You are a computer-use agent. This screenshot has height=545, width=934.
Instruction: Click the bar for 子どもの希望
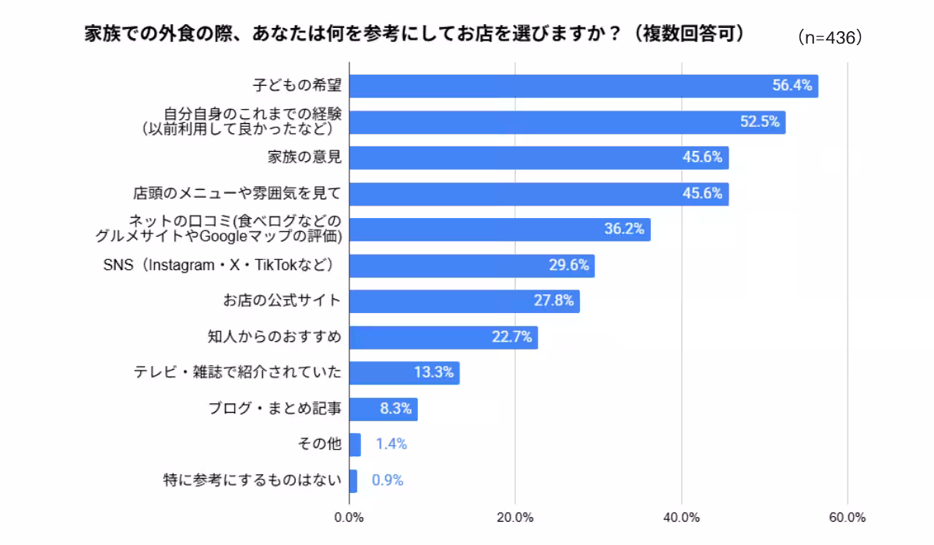[x=584, y=86]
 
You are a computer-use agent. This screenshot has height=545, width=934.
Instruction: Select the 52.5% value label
[x=760, y=121]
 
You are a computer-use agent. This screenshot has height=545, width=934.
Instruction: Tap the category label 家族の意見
[x=304, y=157]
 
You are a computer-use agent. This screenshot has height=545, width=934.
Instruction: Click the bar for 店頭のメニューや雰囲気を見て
[x=539, y=194]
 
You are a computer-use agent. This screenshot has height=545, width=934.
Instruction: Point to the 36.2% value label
[x=624, y=228]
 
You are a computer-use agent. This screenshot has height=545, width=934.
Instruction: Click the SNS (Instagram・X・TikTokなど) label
[x=219, y=265]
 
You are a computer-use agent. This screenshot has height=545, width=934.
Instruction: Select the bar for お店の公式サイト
[x=465, y=301]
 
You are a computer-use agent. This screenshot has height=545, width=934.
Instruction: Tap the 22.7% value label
[x=511, y=337]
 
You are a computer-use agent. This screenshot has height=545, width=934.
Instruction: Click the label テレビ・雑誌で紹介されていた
[x=237, y=372]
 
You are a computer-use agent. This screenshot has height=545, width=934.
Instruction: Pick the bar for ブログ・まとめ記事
[x=384, y=410]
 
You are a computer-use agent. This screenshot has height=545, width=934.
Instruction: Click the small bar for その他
[x=355, y=445]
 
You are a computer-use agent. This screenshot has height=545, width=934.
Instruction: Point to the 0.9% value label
[x=388, y=480]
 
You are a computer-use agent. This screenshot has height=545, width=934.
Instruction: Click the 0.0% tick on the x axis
[x=349, y=518]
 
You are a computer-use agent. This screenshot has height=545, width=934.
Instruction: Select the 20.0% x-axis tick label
[x=515, y=518]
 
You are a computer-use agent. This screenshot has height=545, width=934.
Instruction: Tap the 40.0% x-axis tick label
[x=681, y=518]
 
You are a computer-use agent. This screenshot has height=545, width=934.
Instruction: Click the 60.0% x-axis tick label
[x=848, y=518]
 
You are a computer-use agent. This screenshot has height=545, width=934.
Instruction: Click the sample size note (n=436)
[x=830, y=38]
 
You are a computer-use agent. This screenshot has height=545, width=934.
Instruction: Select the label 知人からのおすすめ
[x=274, y=336]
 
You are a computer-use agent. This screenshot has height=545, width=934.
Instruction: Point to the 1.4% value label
[x=391, y=444]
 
